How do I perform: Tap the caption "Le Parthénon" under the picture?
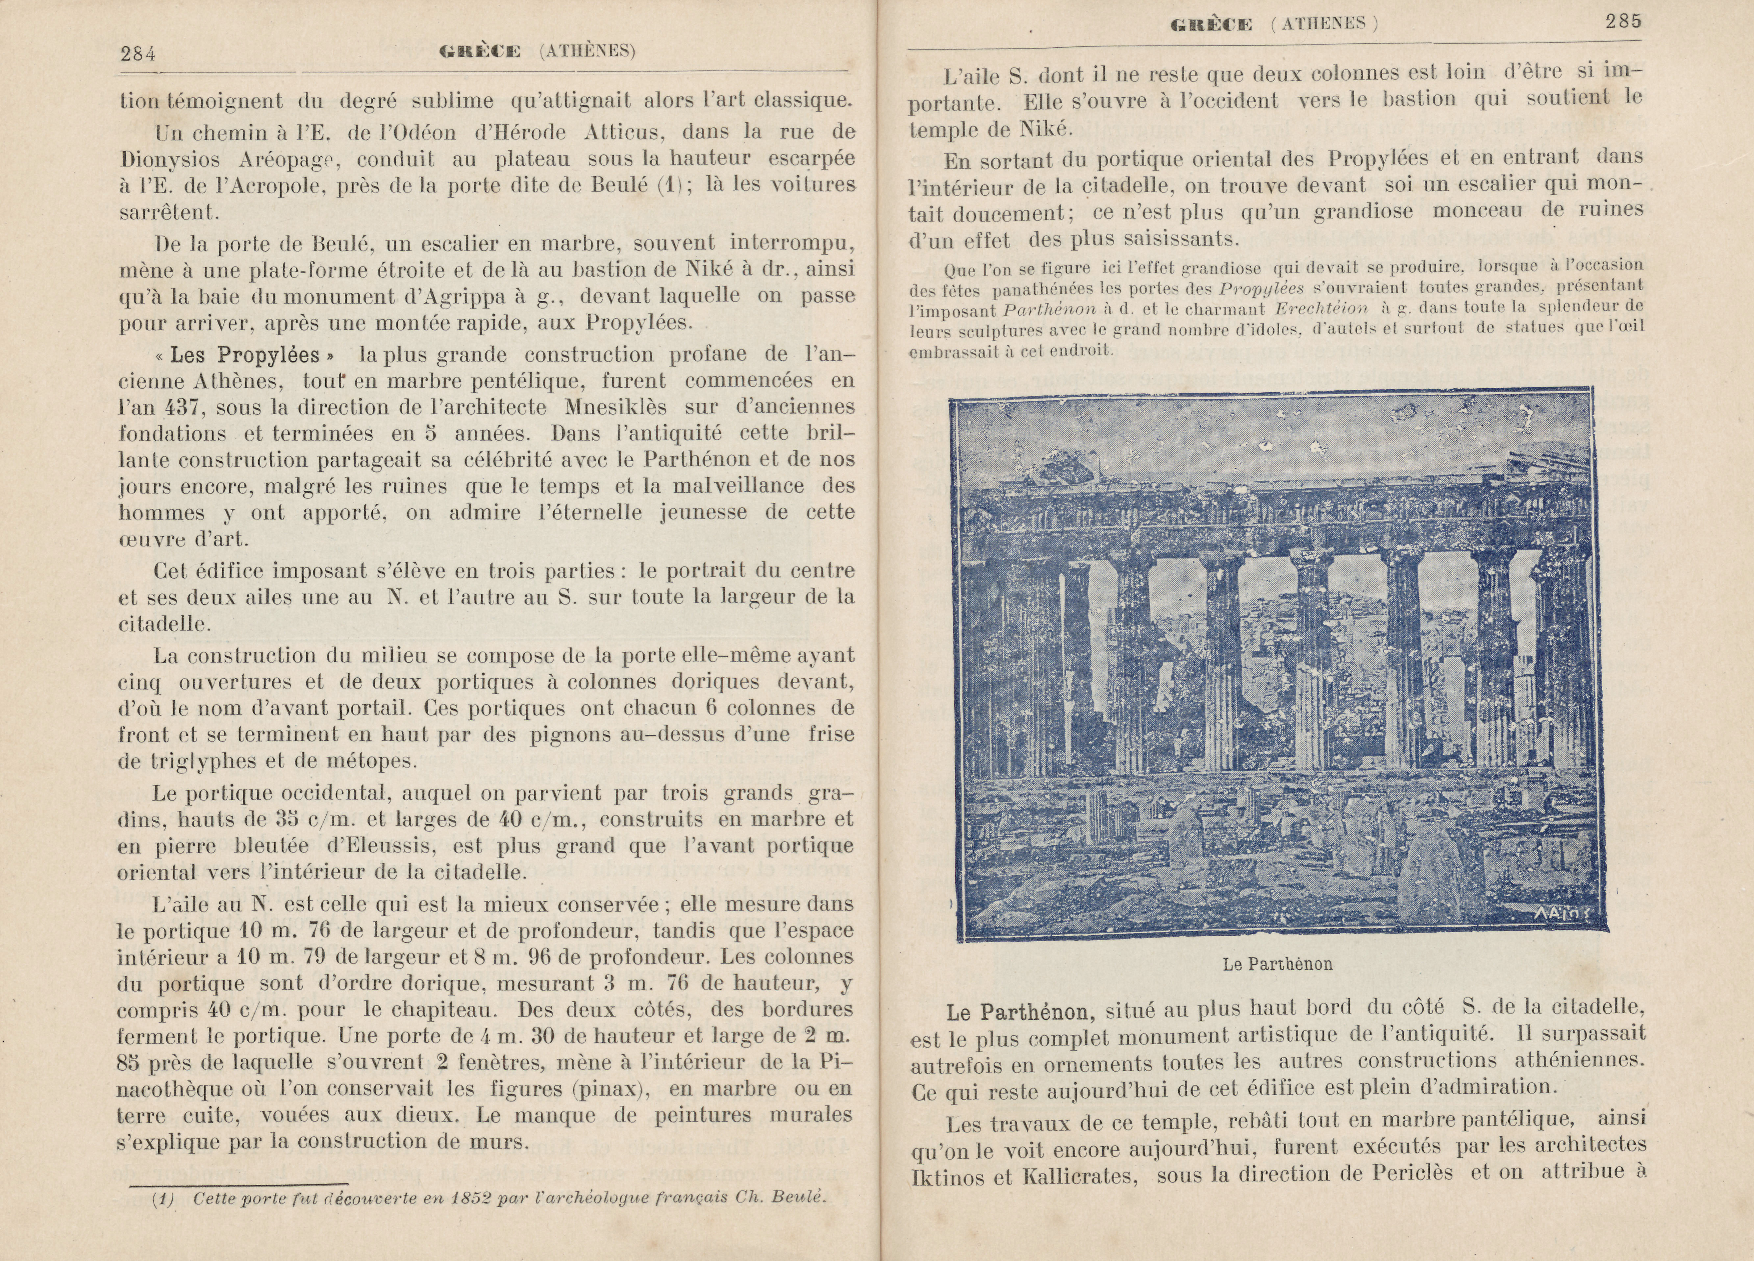1278,964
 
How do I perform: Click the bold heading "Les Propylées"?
245,355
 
